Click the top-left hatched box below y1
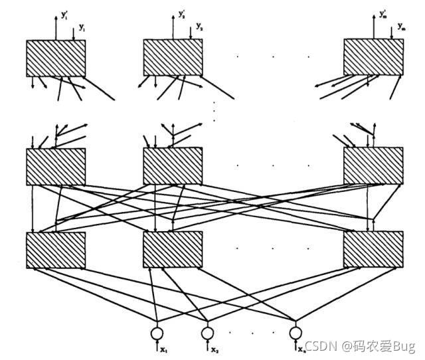pyautogui.click(x=56, y=58)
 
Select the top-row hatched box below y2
pyautogui.click(x=173, y=58)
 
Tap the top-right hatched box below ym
pyautogui.click(x=373, y=58)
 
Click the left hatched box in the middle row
pyautogui.click(x=56, y=166)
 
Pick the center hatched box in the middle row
pyautogui.click(x=173, y=166)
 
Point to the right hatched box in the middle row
pyautogui.click(x=373, y=166)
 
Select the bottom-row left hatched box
pyautogui.click(x=56, y=250)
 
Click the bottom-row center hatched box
pyautogui.click(x=173, y=250)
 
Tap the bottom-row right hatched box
pyautogui.click(x=373, y=250)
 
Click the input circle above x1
pyautogui.click(x=157, y=331)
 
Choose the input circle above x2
pyautogui.click(x=208, y=331)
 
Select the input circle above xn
pyautogui.click(x=294, y=331)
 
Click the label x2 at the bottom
pyautogui.click(x=215, y=349)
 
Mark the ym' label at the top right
pyautogui.click(x=384, y=14)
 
